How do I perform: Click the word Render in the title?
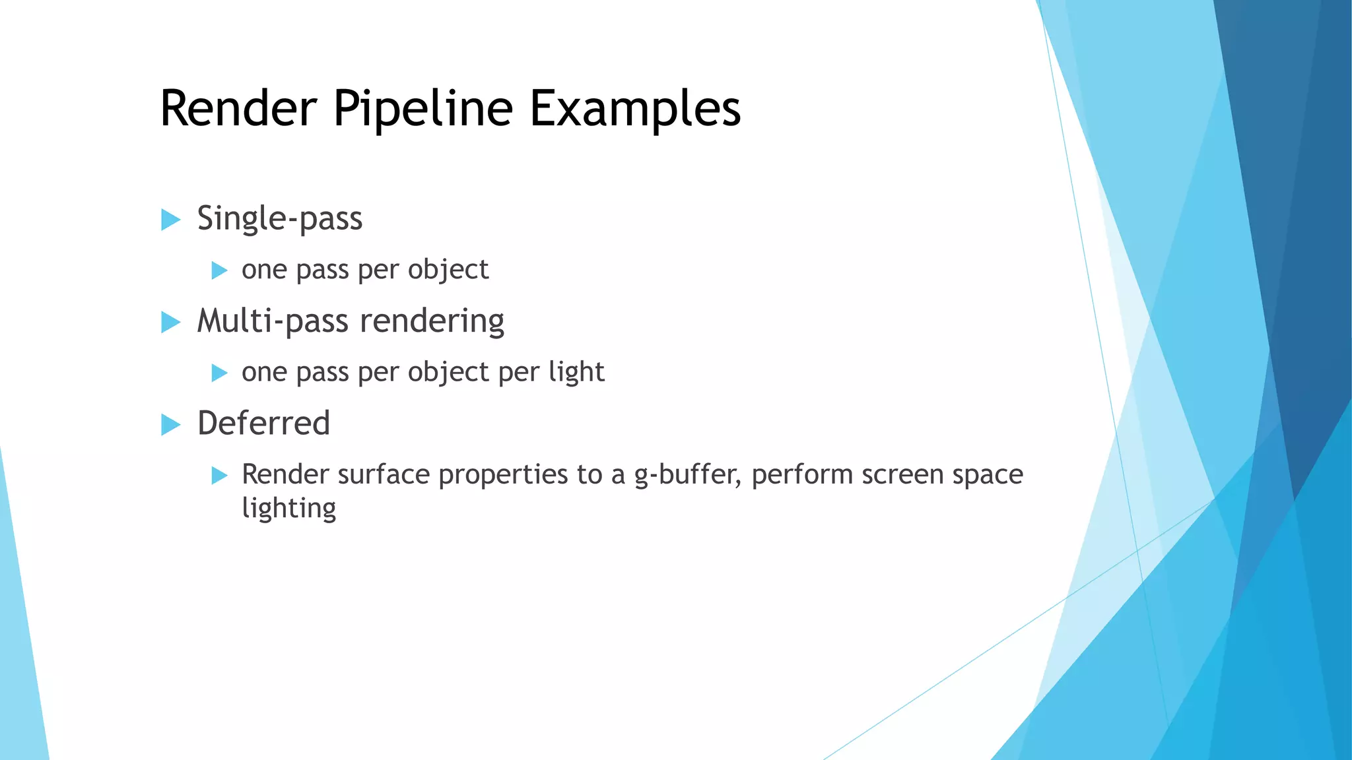(238, 109)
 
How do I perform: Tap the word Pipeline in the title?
(422, 109)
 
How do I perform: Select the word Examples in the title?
(635, 109)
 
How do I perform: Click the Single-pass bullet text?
(280, 219)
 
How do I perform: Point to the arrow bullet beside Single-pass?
(170, 220)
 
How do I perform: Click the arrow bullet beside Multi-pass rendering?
(170, 323)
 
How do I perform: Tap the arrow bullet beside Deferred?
(170, 425)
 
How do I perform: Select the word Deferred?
(263, 424)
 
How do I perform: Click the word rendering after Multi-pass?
(432, 322)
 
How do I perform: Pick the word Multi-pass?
(273, 322)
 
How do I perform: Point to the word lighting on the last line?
(288, 509)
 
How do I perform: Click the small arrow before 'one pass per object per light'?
(219, 373)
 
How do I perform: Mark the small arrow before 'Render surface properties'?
(219, 476)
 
